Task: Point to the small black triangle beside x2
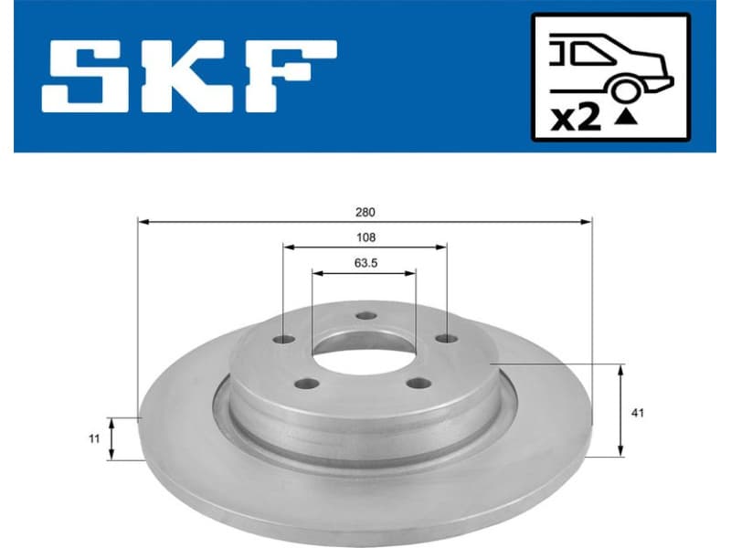tap(627, 117)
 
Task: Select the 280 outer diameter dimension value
tap(365, 212)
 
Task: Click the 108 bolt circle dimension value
tap(365, 237)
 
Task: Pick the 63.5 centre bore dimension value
tap(365, 262)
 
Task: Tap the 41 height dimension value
tap(638, 413)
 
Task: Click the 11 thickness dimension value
tap(94, 439)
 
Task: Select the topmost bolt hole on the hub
tap(367, 316)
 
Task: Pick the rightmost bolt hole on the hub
tap(446, 340)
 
